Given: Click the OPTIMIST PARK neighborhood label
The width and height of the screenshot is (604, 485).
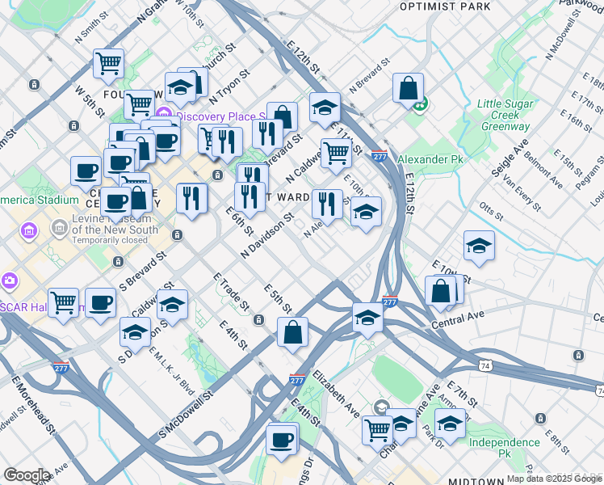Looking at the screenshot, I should coord(445,6).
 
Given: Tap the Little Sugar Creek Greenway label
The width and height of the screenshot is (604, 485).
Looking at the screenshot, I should coord(505,115).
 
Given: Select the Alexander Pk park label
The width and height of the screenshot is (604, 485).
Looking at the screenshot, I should coord(430,160).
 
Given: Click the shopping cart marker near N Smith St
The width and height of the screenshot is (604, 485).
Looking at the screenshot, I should coord(108,62).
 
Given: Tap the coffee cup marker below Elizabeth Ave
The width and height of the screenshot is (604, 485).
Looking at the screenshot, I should coord(281,440).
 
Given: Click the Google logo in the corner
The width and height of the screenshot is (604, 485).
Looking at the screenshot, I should coord(26,476).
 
